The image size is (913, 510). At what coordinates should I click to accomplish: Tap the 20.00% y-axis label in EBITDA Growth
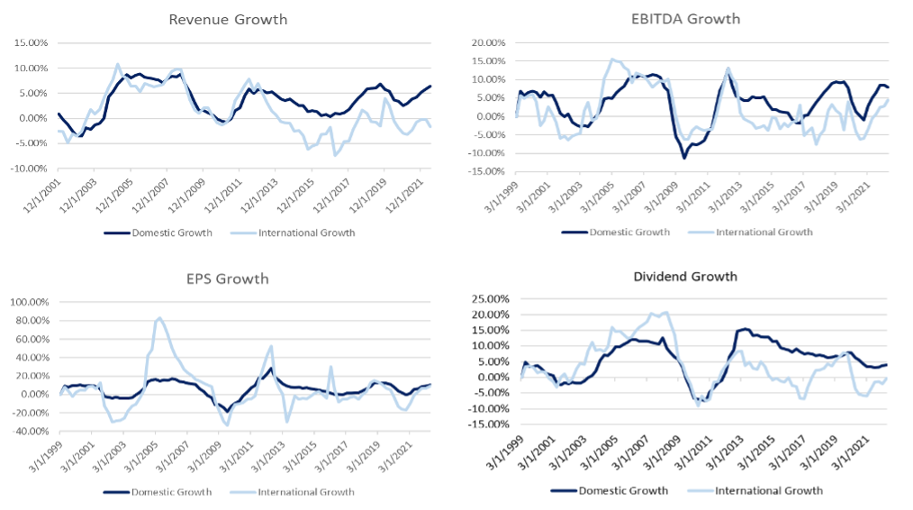coord(491,42)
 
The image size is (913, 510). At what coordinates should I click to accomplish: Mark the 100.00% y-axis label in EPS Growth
coord(31,302)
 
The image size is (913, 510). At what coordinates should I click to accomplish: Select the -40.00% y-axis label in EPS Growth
coord(31,431)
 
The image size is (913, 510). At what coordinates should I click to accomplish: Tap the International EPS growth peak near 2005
coord(159,318)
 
